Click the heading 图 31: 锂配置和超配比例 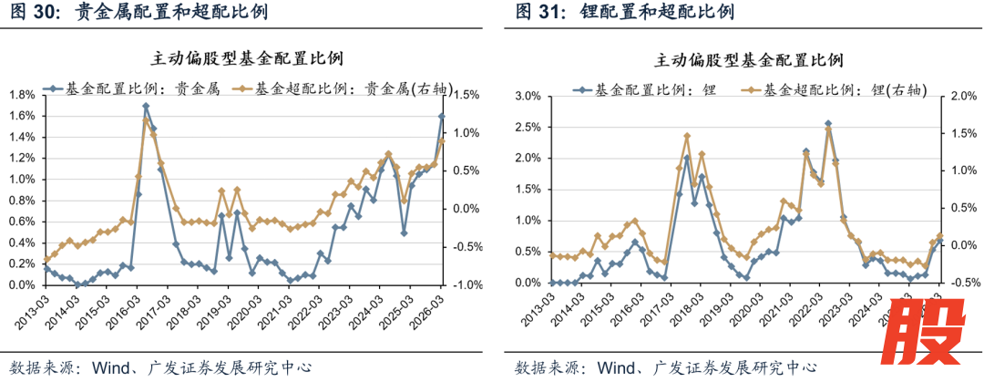pyautogui.click(x=624, y=13)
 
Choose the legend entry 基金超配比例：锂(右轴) pyautogui.click(x=835, y=89)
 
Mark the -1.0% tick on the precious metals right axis pyautogui.click(x=466, y=284)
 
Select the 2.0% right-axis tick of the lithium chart pyautogui.click(x=963, y=95)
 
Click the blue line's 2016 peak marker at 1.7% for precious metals pyautogui.click(x=146, y=106)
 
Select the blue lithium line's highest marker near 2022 pyautogui.click(x=828, y=123)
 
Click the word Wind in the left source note pyautogui.click(x=102, y=367)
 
